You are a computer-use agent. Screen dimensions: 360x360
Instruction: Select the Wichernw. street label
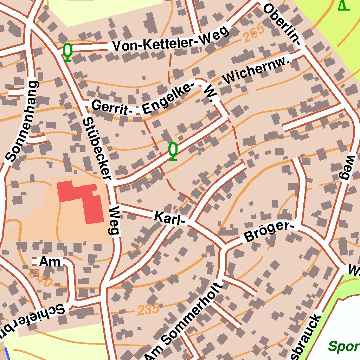pos(258,71)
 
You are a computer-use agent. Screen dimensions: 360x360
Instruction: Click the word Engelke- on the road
pos(168,98)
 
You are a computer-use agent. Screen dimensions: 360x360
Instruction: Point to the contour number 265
pos(253,35)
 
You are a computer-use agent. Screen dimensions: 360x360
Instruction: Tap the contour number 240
pos(41,278)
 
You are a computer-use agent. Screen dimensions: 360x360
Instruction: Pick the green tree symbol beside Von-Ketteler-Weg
pos(67,52)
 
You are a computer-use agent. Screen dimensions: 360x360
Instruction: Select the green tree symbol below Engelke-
pos(173,151)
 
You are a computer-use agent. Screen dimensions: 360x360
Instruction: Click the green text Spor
pos(343,347)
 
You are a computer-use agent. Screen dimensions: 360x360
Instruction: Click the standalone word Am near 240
pos(50,262)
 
